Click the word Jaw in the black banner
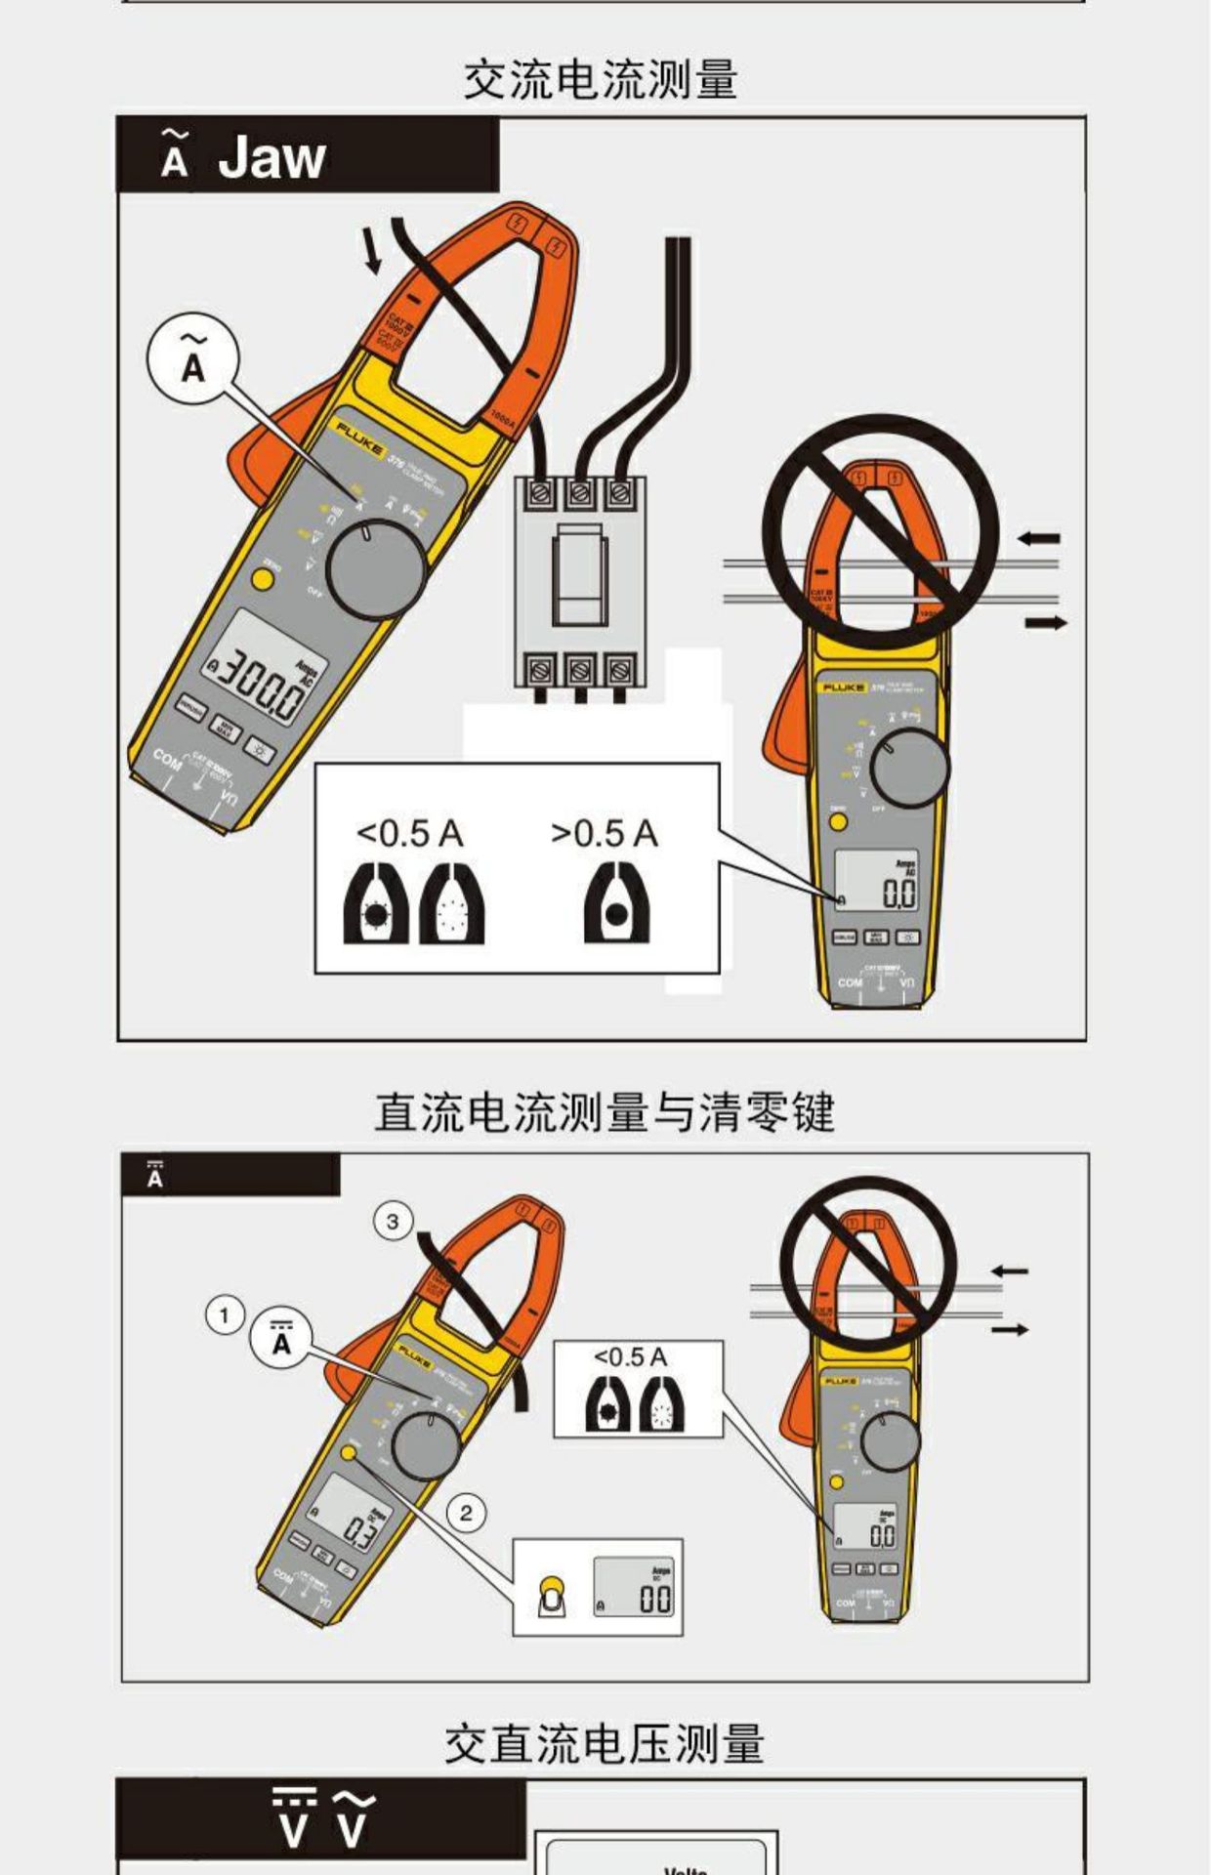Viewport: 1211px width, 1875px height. point(271,157)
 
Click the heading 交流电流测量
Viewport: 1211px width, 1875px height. point(600,79)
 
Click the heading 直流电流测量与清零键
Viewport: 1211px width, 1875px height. point(604,1112)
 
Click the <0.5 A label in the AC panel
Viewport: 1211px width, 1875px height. point(409,834)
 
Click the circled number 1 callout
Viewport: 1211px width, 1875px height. point(225,1315)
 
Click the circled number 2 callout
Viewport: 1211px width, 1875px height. point(466,1513)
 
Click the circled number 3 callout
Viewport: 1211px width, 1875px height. point(393,1222)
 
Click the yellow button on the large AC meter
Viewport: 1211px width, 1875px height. point(262,578)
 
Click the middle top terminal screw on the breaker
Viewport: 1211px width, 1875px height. point(580,494)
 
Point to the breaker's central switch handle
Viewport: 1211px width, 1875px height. point(580,575)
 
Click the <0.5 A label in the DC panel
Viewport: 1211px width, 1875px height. point(630,1357)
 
